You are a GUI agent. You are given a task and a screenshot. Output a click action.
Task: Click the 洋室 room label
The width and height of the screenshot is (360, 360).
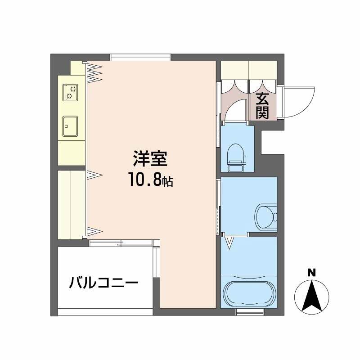point(150,158)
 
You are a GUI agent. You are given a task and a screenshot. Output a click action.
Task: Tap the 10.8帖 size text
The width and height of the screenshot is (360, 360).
point(151,180)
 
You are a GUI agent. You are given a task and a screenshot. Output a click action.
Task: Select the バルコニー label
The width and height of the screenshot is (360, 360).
point(104,283)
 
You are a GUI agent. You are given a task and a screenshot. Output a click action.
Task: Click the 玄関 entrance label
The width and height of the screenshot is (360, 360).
point(262,106)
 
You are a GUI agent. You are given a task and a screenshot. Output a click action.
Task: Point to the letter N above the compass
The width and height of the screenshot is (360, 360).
point(311,273)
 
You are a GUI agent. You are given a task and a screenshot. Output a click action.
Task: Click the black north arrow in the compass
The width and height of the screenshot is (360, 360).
point(311,296)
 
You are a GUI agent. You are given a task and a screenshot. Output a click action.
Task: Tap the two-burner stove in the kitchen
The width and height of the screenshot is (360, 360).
point(70,93)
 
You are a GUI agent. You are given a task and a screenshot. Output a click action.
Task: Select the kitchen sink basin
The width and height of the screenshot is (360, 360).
point(70,126)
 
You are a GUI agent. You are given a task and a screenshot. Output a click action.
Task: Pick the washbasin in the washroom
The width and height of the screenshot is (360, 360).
point(266,217)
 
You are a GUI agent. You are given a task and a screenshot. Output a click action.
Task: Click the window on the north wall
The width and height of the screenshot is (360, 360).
point(140,57)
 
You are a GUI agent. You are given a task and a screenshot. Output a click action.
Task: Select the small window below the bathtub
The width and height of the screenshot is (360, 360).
point(250,312)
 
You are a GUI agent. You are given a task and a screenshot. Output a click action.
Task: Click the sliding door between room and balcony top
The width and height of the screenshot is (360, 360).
point(121,243)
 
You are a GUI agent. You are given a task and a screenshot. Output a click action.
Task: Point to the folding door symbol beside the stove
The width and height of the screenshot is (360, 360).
point(94,72)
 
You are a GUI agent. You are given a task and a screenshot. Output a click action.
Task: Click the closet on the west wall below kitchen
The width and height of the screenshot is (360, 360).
point(72,205)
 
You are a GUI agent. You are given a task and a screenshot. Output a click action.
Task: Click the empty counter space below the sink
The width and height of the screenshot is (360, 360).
point(72,153)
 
